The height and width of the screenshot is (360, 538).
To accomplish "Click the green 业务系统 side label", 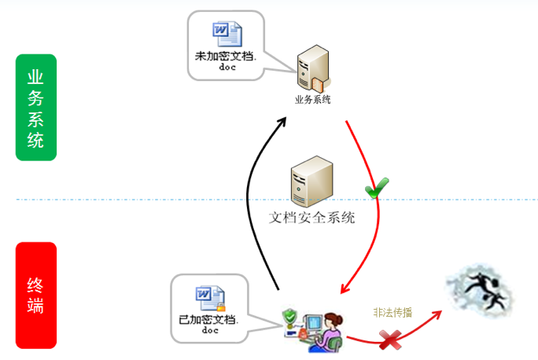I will pos(35,107).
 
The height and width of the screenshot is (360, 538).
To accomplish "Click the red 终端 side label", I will pos(35,295).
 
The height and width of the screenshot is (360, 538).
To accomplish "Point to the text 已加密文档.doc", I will pos(208,324).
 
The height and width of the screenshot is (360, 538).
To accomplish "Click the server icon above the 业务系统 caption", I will pos(310,71).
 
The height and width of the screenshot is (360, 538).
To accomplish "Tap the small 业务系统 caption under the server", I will pos(312,100).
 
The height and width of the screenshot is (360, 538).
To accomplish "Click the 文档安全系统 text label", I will pos(312,217).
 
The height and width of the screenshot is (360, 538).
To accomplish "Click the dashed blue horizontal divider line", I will pos(118,200).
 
